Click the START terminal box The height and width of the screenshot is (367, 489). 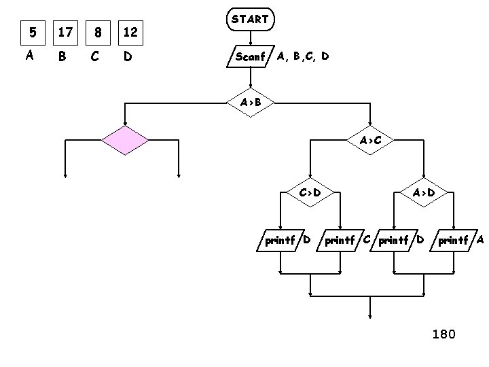(250, 20)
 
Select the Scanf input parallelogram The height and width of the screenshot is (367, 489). (249, 56)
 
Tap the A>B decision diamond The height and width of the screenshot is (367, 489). (250, 103)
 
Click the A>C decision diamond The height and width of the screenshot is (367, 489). (370, 141)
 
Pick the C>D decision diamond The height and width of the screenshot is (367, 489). (310, 192)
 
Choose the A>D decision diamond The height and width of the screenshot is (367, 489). (424, 192)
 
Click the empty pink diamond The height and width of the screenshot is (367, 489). (124, 141)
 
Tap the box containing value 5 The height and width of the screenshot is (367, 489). (30, 32)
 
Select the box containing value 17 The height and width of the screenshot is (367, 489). (65, 32)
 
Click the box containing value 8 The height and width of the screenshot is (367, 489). (98, 32)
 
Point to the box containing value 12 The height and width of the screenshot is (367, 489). (130, 32)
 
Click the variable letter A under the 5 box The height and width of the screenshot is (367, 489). (29, 56)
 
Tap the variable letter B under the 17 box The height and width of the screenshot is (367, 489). (62, 57)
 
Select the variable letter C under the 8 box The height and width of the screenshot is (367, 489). (95, 57)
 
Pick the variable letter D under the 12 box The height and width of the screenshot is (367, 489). (128, 57)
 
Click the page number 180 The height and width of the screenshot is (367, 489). (443, 334)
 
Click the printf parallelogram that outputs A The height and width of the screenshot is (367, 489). (456, 240)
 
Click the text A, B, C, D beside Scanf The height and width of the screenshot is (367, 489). (303, 56)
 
